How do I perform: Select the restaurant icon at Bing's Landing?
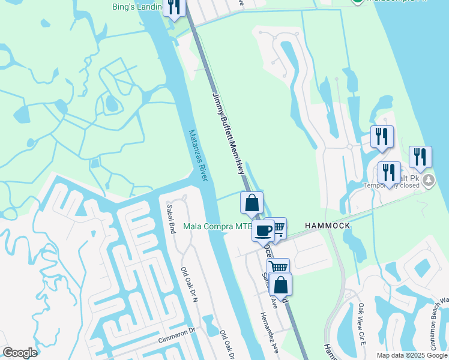(174, 7)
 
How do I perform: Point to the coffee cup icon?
(263, 230)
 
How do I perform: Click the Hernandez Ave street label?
(270, 332)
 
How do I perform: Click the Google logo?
(20, 353)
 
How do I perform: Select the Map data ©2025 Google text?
(411, 355)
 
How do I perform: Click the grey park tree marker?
(429, 179)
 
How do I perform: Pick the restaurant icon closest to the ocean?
(420, 157)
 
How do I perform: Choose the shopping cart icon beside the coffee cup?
(277, 228)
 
